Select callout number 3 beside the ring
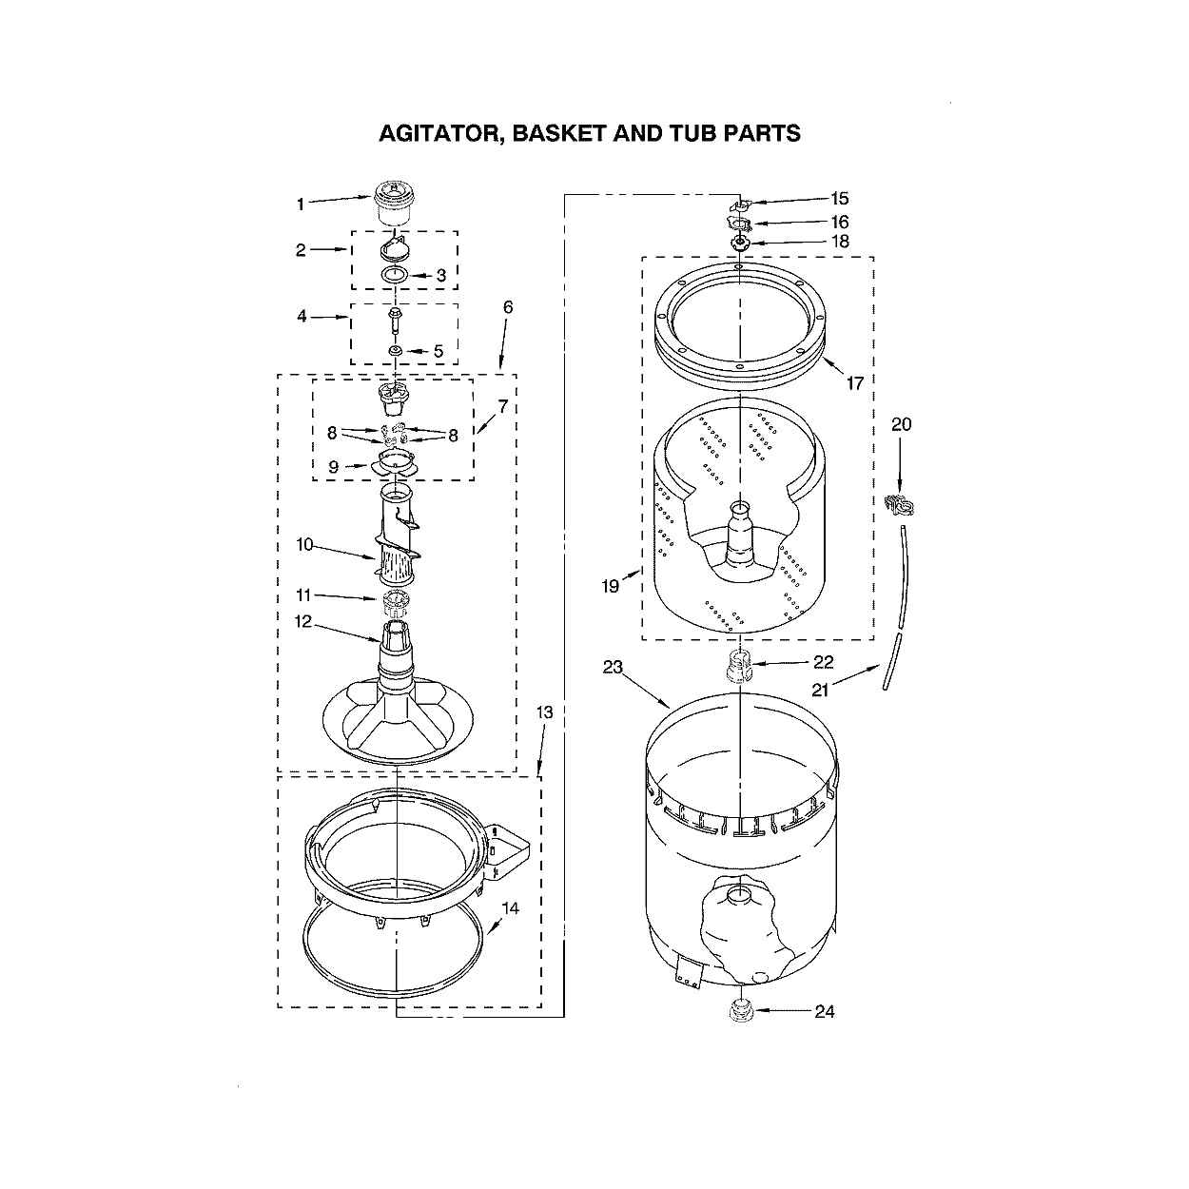coord(440,275)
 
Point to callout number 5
coord(439,351)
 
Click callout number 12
coord(303,623)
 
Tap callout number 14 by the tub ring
coord(511,908)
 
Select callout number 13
coord(543,711)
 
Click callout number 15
coord(839,199)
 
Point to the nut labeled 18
coord(741,243)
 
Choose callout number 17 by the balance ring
coord(854,382)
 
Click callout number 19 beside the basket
coord(610,586)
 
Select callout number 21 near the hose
coord(820,691)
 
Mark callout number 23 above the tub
coord(612,667)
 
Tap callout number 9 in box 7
coord(333,467)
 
